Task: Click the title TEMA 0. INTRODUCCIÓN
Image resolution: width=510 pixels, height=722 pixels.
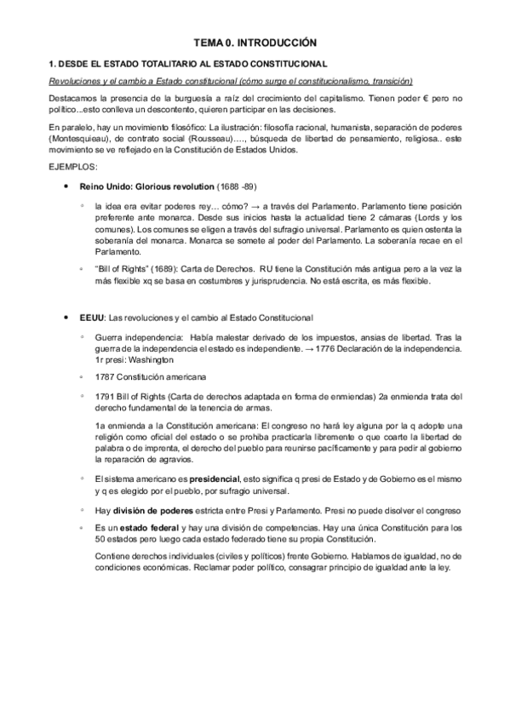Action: (255, 42)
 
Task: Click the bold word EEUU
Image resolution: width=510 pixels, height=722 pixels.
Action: (91, 318)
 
